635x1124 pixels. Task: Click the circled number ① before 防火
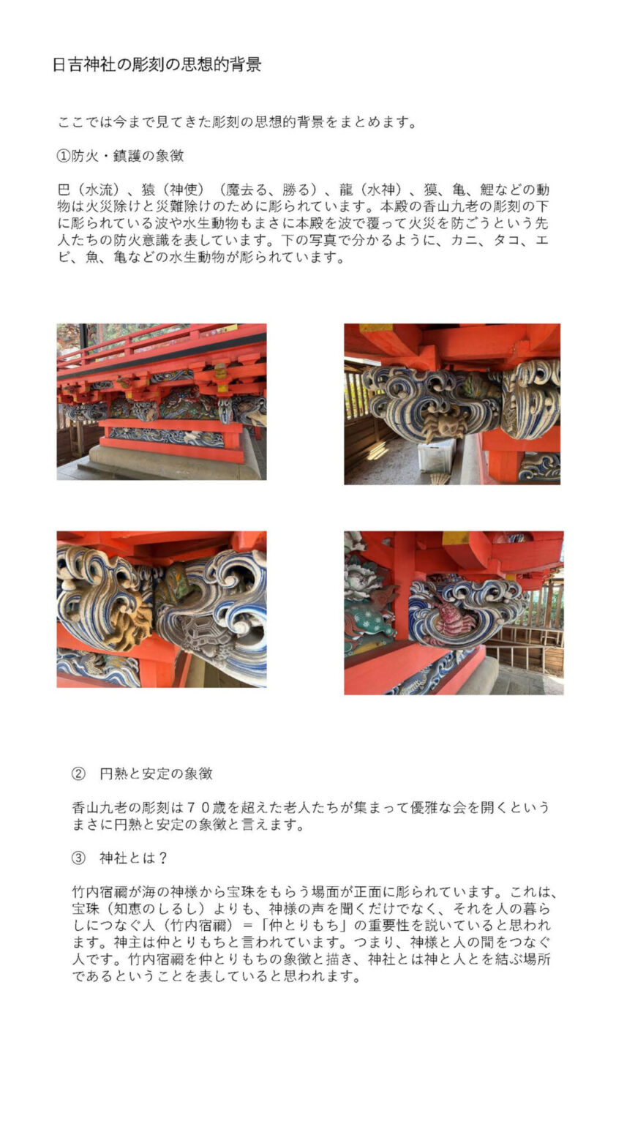pyautogui.click(x=64, y=156)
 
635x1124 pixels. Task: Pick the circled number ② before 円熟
pyautogui.click(x=78, y=773)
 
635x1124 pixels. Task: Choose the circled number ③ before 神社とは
pyautogui.click(x=78, y=858)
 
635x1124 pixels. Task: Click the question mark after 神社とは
pyautogui.click(x=162, y=858)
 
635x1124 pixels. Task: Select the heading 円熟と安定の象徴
pyautogui.click(x=156, y=773)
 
